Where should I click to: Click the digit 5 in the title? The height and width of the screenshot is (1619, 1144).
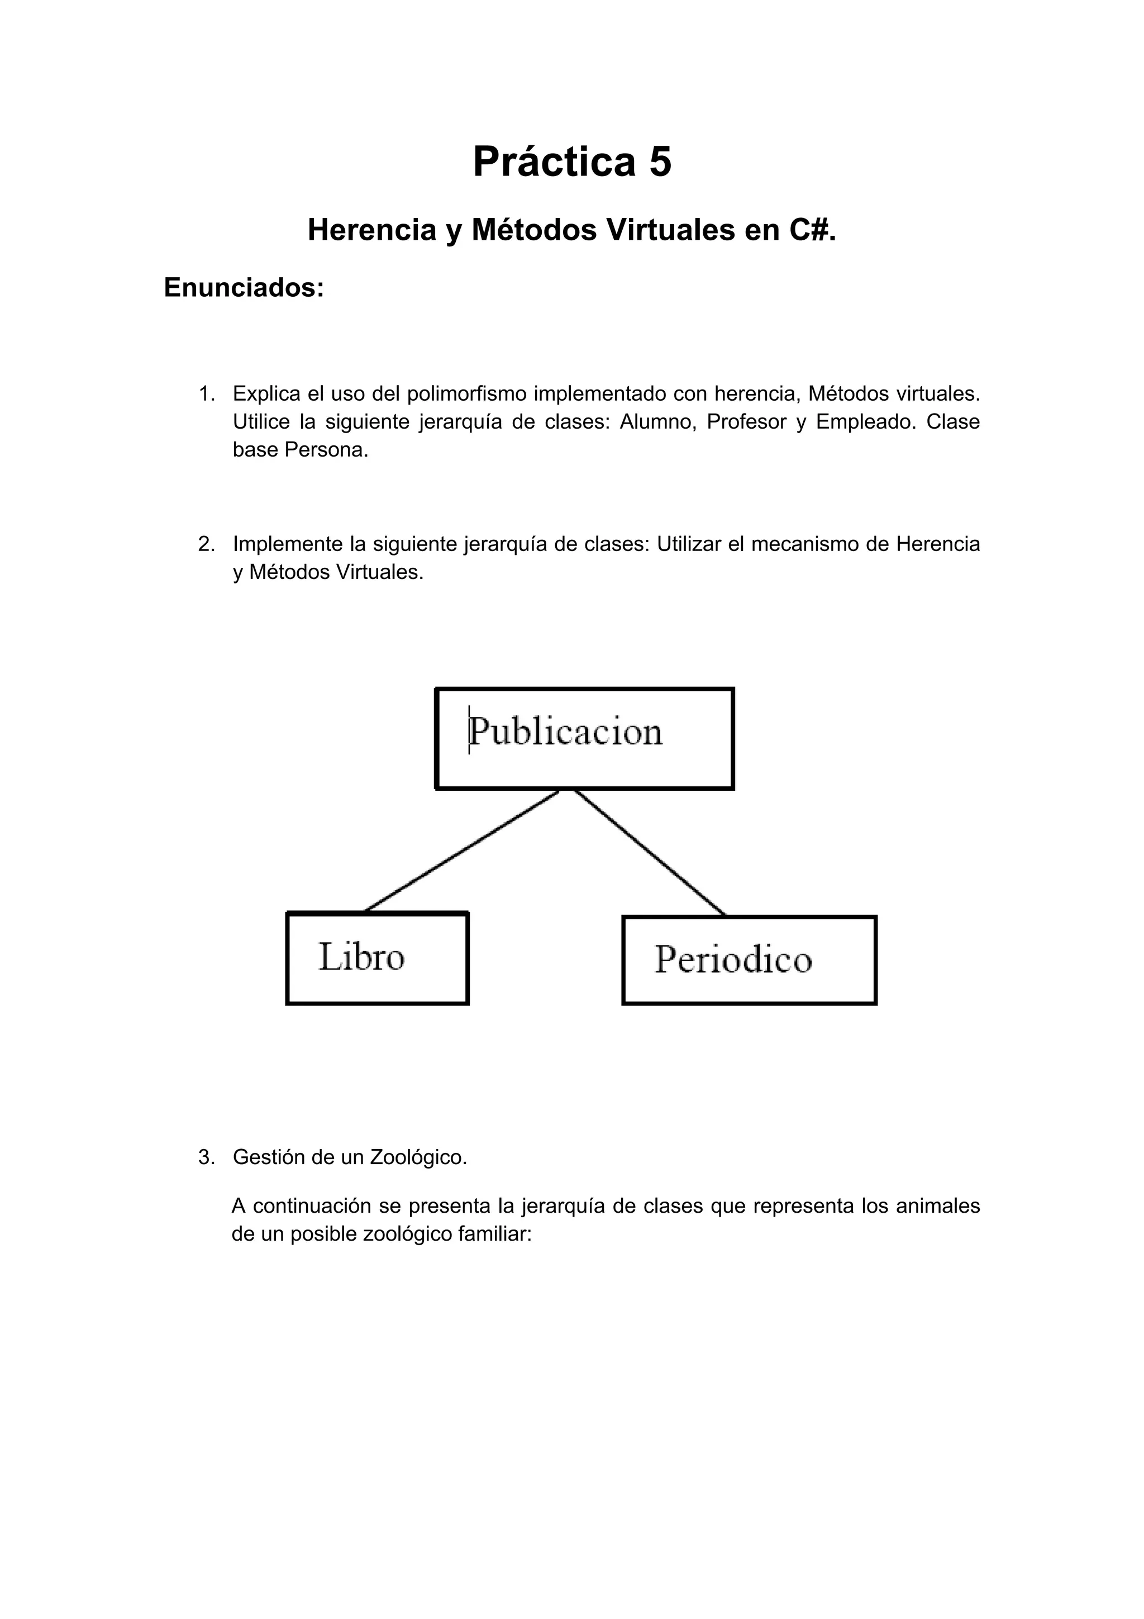click(x=660, y=162)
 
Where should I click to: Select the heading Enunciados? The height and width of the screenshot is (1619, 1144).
click(x=244, y=288)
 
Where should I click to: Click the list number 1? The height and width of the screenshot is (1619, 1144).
click(x=206, y=393)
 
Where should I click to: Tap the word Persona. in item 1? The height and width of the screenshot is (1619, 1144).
click(x=326, y=450)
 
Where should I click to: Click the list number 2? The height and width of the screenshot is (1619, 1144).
click(x=206, y=544)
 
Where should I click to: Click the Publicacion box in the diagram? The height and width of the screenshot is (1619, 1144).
click(x=584, y=738)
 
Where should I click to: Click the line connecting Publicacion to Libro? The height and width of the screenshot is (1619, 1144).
click(x=462, y=851)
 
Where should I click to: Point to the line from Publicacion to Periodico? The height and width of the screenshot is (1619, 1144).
click(x=649, y=852)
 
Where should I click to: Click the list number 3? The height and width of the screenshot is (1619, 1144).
click(x=206, y=1157)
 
